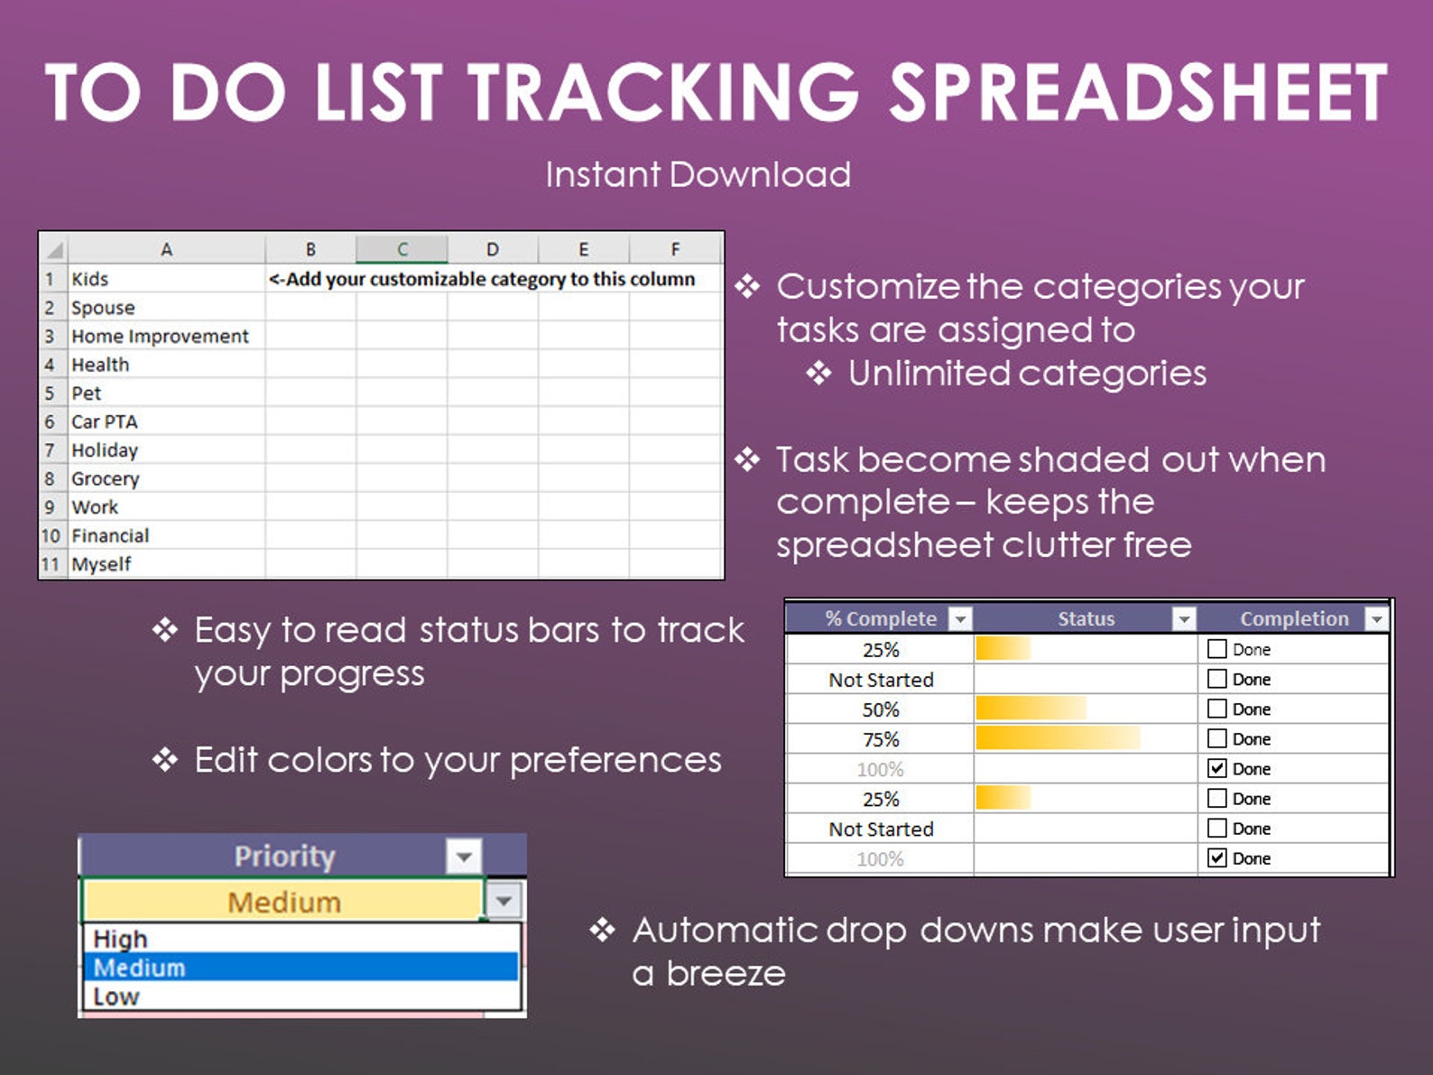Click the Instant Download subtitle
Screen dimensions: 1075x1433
[698, 174]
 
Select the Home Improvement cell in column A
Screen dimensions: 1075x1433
[160, 336]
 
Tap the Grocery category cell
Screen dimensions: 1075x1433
[106, 478]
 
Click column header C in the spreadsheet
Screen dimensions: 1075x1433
[402, 249]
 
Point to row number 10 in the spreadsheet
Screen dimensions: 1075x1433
[51, 535]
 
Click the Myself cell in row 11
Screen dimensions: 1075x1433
[101, 564]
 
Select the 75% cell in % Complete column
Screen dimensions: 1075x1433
[881, 739]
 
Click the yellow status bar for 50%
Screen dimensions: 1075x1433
[1031, 709]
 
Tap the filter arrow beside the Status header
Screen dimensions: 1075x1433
[1183, 618]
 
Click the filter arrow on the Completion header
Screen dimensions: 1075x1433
[1375, 618]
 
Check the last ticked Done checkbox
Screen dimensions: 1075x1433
[1217, 857]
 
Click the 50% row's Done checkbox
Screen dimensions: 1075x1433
[1217, 709]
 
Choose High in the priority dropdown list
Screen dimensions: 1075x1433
[120, 939]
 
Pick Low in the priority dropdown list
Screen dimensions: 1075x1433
[116, 996]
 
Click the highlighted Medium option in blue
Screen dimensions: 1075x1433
[139, 968]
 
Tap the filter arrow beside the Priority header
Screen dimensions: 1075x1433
[464, 856]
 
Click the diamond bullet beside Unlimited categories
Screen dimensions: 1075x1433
[818, 373]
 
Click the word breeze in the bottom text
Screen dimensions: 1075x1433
[726, 974]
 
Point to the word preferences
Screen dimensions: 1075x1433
[615, 760]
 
